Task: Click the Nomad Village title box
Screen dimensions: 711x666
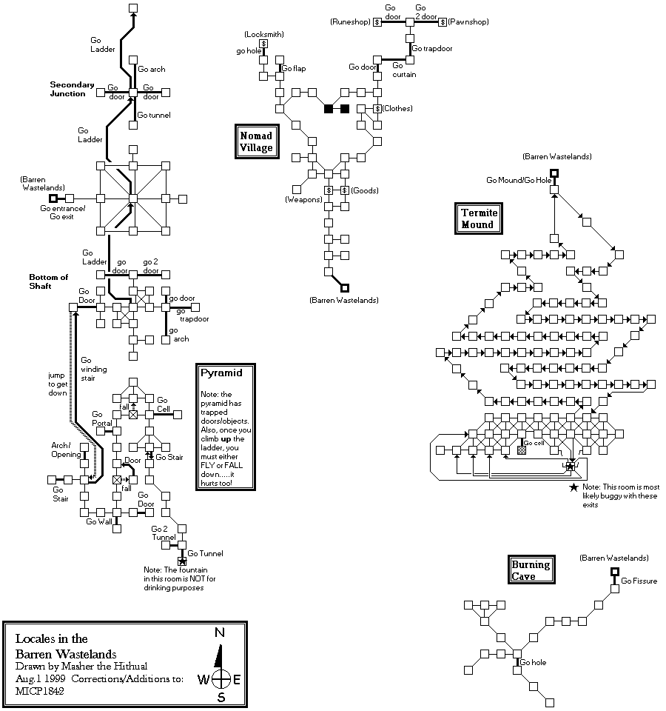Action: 257,141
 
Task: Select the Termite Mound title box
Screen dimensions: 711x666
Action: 480,218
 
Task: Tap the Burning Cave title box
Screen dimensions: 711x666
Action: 531,570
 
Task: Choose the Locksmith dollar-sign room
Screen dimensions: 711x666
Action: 263,44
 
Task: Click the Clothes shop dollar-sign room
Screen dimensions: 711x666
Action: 377,109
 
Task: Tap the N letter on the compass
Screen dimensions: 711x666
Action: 219,632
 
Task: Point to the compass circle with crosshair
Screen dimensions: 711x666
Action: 220,679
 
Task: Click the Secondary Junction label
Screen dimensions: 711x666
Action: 73,90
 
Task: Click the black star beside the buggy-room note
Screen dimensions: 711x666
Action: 573,487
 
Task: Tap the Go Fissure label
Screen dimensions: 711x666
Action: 639,581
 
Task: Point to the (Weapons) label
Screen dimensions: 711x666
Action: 303,200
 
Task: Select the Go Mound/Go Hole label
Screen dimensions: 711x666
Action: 518,180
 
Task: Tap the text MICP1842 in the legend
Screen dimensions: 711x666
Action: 38,691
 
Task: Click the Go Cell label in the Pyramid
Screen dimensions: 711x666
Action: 164,405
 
